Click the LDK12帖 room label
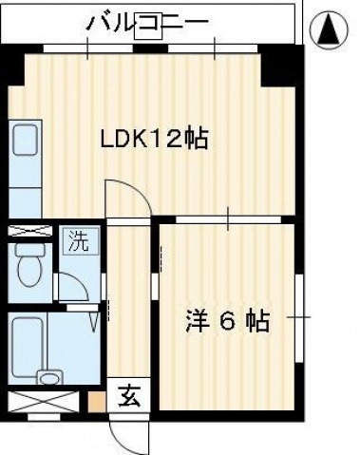pyautogui.click(x=155, y=140)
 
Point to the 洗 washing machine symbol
pyautogui.click(x=77, y=240)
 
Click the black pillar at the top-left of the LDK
pyautogui.click(x=13, y=71)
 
